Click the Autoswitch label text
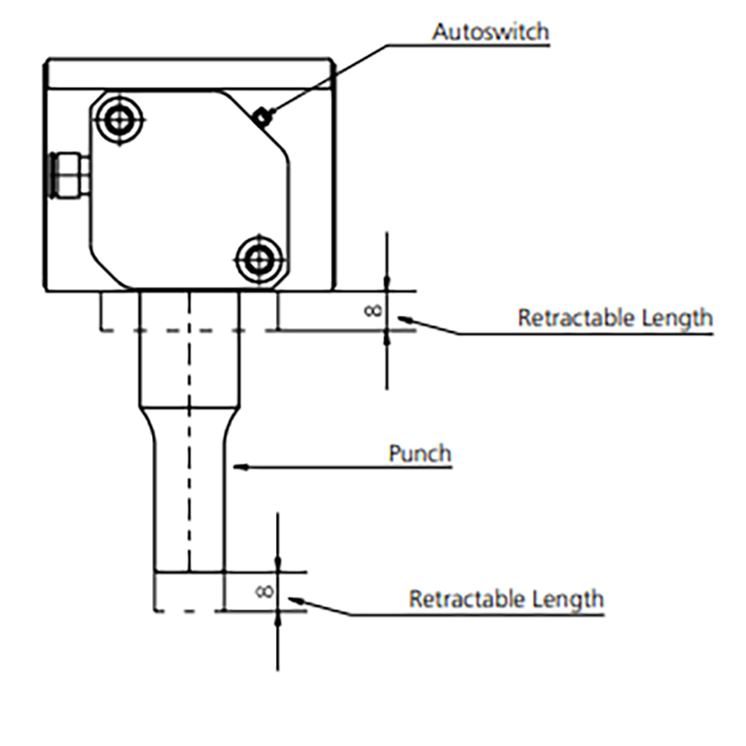click(490, 31)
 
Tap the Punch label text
click(420, 454)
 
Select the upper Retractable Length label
click(615, 317)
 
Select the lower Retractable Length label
click(505, 598)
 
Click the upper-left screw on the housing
click(119, 117)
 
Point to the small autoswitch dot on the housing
click(265, 117)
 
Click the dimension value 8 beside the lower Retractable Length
click(262, 591)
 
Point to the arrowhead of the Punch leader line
click(237, 463)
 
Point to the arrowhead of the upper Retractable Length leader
click(409, 322)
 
